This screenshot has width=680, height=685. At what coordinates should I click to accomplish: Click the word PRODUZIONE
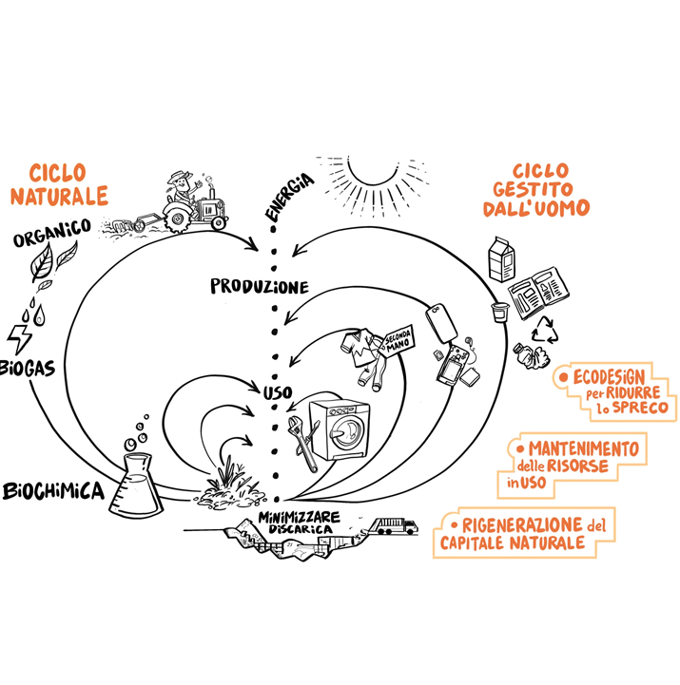point(260,286)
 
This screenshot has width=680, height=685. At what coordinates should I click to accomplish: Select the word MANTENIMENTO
point(583,447)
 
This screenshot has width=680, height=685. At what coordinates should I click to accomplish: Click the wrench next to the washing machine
point(305,445)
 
